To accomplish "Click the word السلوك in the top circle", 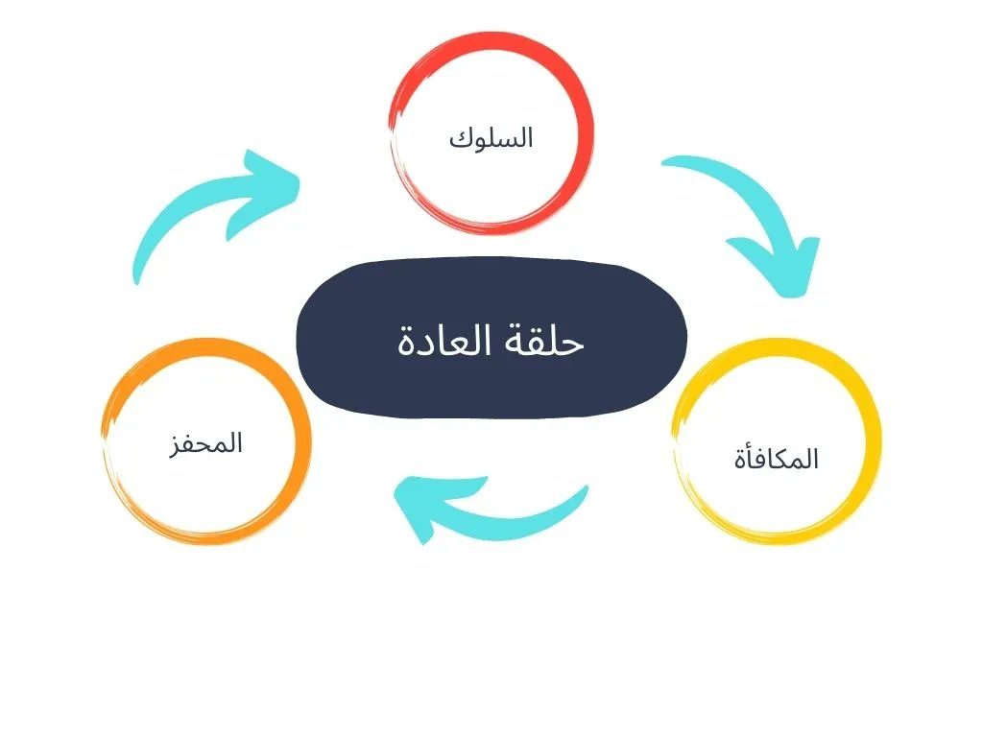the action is point(491,138).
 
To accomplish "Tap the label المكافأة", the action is point(775,459).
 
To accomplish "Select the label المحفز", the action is point(205,443).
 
